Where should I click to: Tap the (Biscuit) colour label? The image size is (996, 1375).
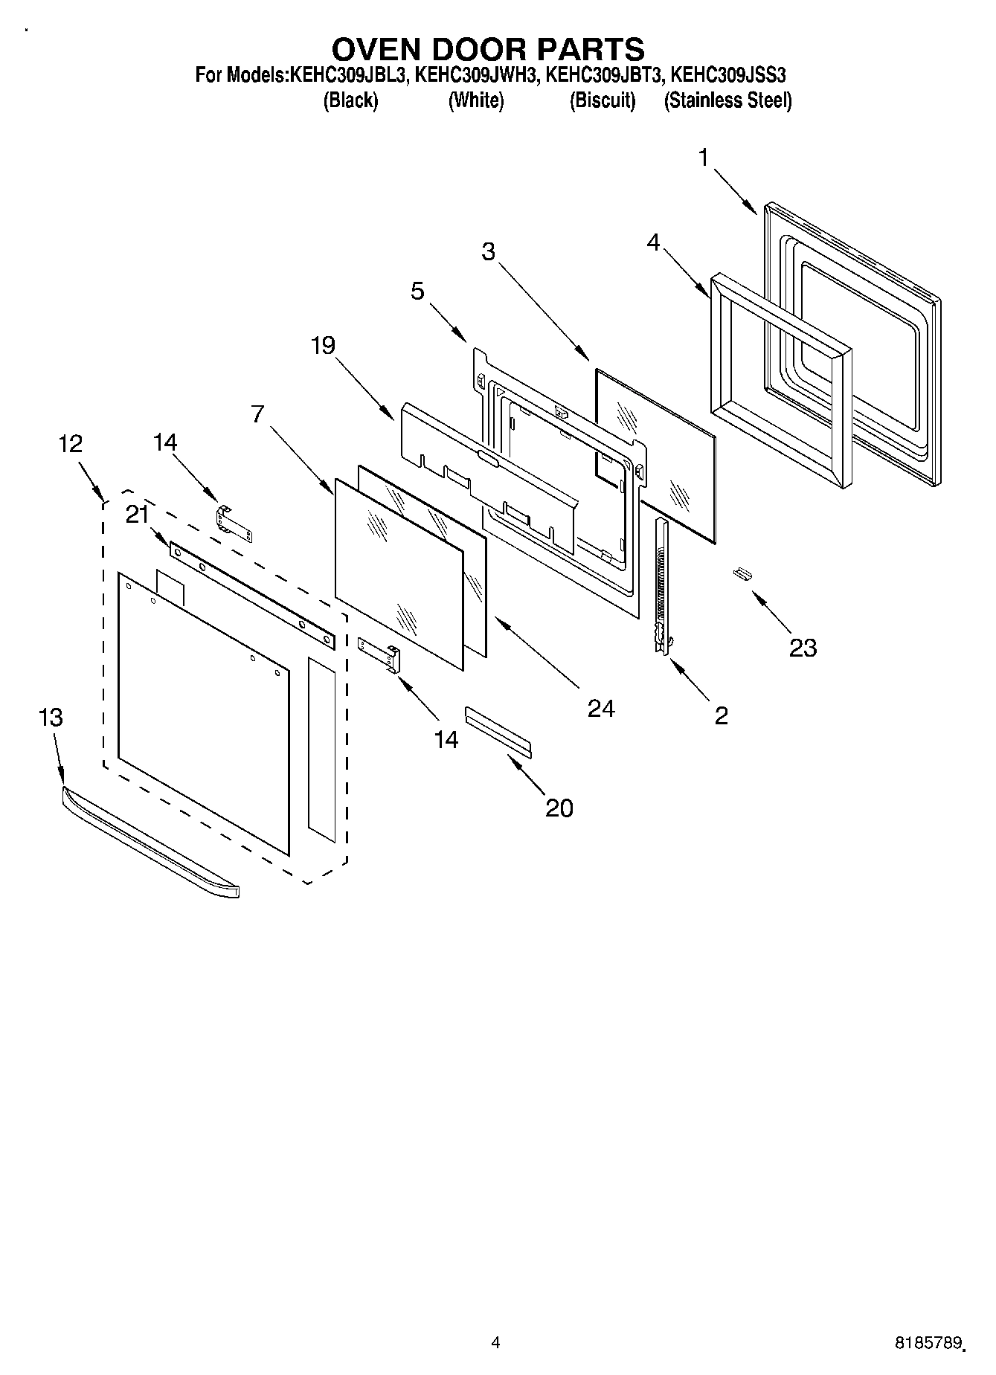pos(603,100)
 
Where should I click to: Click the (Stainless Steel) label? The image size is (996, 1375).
pos(727,100)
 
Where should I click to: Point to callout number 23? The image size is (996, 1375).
pos(803,648)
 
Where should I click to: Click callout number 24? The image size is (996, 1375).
pos(601,708)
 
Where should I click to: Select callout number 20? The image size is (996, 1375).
pos(559,807)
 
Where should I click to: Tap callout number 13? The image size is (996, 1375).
pos(51,718)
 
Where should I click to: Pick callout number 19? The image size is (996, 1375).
pos(323,345)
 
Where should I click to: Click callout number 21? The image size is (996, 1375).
pos(137,515)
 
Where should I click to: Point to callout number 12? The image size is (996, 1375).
pos(70,444)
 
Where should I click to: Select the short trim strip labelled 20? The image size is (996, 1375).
pos(498,732)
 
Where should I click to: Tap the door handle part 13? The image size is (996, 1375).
pos(149,840)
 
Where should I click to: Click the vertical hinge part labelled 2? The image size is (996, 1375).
pos(661,587)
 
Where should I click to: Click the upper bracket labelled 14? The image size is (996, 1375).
pos(234,524)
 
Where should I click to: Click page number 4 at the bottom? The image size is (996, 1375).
pos(496,1342)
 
